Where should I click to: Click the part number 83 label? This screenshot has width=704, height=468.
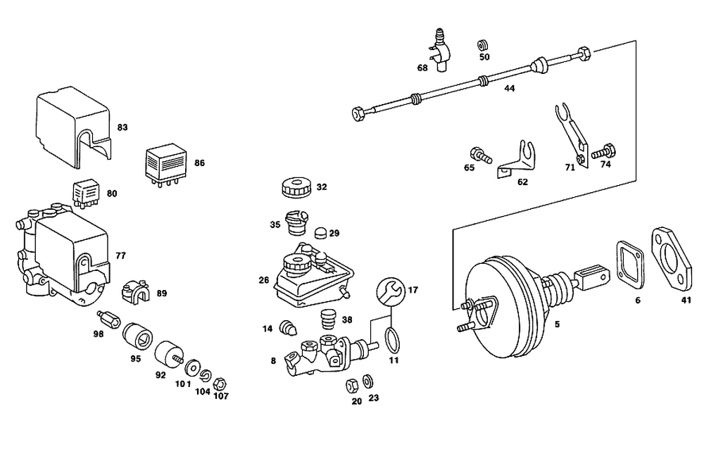pos(122,127)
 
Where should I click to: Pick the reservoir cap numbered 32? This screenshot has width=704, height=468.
pos(296,189)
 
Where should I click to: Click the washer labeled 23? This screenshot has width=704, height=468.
pos(368,381)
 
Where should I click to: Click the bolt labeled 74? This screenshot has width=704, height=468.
pos(603,151)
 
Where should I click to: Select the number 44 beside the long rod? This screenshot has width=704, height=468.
pos(510,89)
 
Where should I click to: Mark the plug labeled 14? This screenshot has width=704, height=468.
pos(287,328)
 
